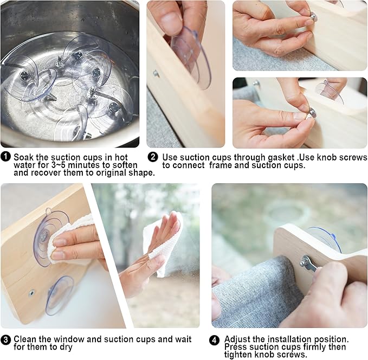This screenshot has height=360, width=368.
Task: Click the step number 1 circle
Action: point(5,156)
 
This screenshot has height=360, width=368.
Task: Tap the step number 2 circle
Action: point(153,157)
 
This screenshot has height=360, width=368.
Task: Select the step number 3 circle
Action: point(5,340)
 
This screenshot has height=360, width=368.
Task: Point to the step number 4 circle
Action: point(214,340)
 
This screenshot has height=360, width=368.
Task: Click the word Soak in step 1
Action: point(23,157)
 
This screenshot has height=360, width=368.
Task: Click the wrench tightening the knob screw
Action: point(309,265)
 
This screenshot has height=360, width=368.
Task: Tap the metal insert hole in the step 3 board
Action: point(31,293)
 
